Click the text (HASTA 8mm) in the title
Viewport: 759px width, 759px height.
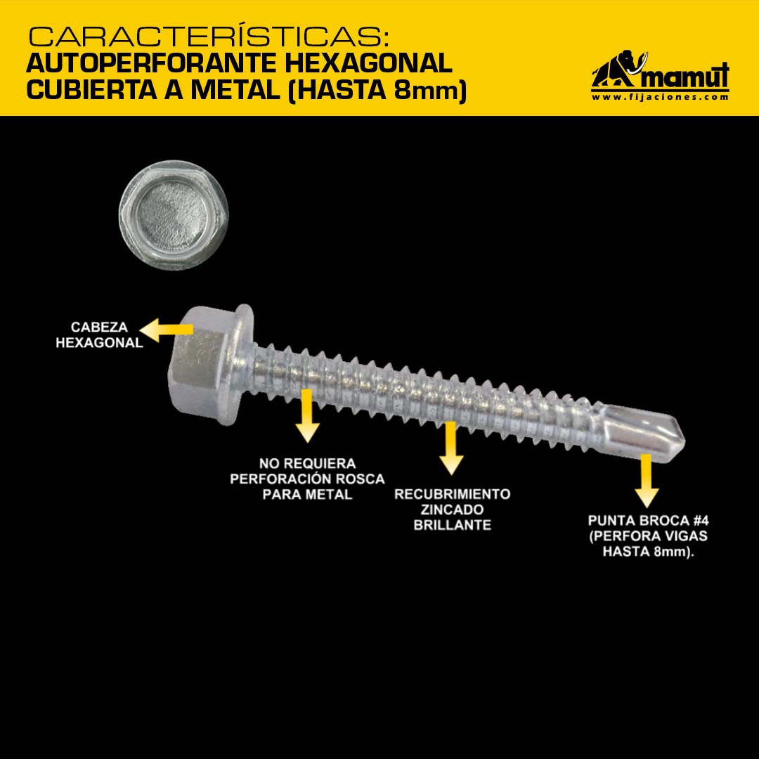377,91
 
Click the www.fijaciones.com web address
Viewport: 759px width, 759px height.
660,97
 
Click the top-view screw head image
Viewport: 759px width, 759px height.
174,216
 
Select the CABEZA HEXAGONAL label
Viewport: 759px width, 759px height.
99,335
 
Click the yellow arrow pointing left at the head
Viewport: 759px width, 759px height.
166,330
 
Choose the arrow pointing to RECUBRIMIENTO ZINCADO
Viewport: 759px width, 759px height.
451,448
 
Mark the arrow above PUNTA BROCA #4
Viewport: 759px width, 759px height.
647,480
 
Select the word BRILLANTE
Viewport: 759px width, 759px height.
452,525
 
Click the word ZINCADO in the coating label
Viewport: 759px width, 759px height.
452,510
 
